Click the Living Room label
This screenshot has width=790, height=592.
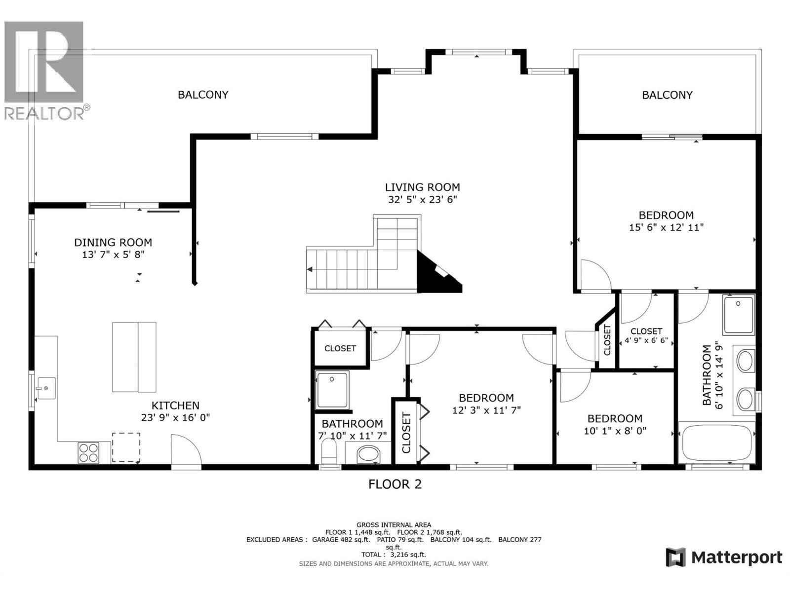(422, 187)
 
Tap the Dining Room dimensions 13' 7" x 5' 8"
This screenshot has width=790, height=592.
(113, 255)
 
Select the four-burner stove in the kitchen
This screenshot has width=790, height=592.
(88, 452)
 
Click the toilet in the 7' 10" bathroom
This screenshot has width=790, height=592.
(328, 451)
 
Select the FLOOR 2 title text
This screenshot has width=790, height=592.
(395, 484)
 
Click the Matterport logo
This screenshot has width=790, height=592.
(724, 557)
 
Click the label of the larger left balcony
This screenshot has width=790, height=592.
(203, 95)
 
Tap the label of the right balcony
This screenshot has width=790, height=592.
(667, 95)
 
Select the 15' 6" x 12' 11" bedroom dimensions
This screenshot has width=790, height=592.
(666, 227)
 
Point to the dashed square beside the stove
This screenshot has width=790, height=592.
(126, 447)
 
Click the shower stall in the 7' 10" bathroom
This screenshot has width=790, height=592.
(332, 390)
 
